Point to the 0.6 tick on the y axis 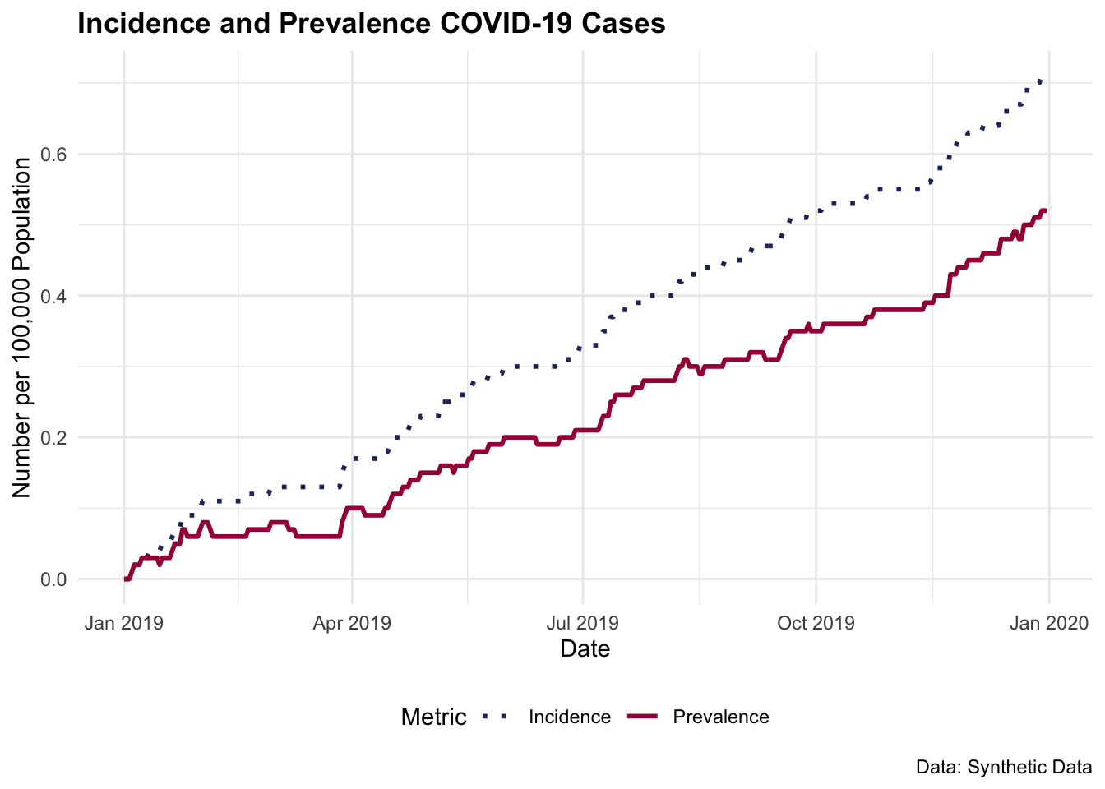click(x=54, y=155)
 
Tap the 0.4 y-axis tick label click(x=54, y=296)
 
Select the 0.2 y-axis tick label click(x=54, y=437)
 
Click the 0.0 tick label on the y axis click(x=54, y=579)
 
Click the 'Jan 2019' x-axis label click(x=124, y=623)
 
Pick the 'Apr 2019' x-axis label click(x=352, y=623)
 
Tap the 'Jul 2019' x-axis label click(x=583, y=623)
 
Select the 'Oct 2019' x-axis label click(x=816, y=623)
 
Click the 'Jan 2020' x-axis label click(x=1048, y=623)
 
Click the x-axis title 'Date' click(x=585, y=649)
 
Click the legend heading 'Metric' click(x=433, y=717)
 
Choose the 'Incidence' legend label click(x=569, y=717)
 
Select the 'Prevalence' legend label click(x=720, y=717)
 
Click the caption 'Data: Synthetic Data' click(x=1003, y=768)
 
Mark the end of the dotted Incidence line click(x=1043, y=80)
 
